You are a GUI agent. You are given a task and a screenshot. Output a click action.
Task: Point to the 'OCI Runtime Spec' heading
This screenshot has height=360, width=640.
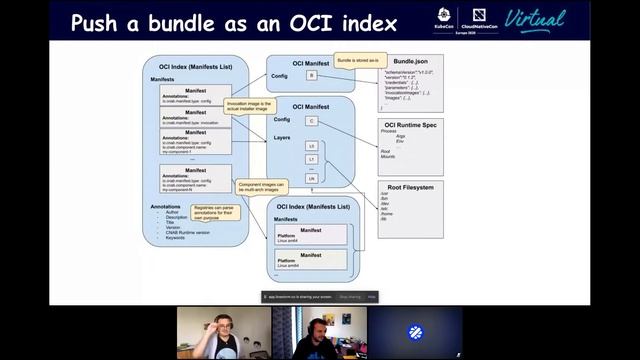411,124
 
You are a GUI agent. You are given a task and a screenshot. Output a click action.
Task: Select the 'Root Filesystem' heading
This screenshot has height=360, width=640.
411,186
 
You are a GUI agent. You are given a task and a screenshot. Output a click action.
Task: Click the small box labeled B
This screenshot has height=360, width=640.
312,75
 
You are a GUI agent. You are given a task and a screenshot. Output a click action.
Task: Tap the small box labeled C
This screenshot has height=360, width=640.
312,120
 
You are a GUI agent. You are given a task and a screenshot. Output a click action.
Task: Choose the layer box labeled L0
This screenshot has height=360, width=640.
312,146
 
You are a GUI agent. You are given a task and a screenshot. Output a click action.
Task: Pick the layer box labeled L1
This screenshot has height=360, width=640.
312,160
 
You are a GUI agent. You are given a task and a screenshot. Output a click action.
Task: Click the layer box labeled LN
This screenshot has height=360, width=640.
312,177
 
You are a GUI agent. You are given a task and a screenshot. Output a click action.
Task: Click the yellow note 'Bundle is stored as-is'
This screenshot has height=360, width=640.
356,61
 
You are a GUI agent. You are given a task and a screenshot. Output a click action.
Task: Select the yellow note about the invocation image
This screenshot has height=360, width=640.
249,106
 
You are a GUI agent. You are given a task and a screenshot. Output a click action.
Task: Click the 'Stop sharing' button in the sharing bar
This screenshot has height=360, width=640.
350,296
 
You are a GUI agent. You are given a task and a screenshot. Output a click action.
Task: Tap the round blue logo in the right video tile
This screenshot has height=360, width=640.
415,332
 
